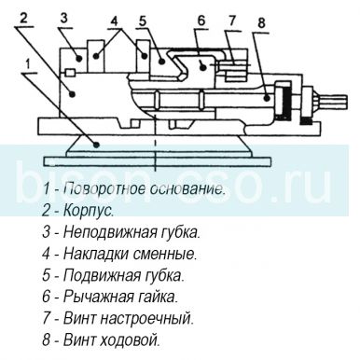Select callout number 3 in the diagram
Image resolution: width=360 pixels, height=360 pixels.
(64, 17)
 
